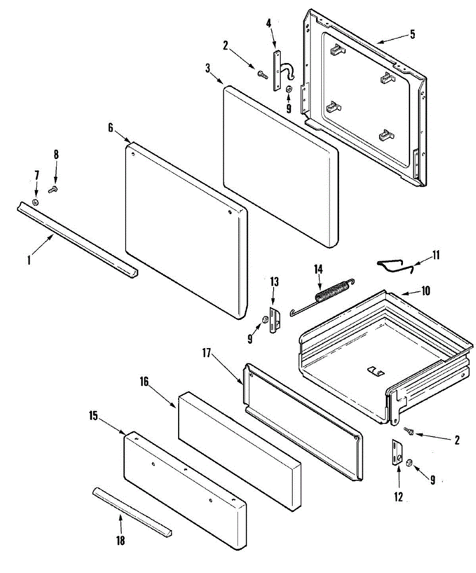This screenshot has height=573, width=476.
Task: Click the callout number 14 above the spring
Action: [x=318, y=269]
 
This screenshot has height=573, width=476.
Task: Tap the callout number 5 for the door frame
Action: [x=413, y=34]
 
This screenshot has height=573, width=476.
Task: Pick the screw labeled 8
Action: [x=53, y=190]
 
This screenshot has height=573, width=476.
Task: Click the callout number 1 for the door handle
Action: [x=29, y=260]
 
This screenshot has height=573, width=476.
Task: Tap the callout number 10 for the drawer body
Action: [x=425, y=290]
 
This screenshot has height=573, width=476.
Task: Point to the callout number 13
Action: [x=274, y=282]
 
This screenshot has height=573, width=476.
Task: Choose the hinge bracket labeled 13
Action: [x=274, y=320]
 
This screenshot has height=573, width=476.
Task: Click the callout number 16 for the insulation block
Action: [x=144, y=382]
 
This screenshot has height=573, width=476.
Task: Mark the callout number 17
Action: [x=206, y=354]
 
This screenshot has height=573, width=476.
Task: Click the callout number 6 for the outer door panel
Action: [x=110, y=127]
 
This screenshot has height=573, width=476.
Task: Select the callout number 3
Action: [x=208, y=67]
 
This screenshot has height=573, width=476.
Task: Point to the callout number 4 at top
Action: [x=268, y=22]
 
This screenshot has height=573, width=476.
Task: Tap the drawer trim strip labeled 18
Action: [x=132, y=512]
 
